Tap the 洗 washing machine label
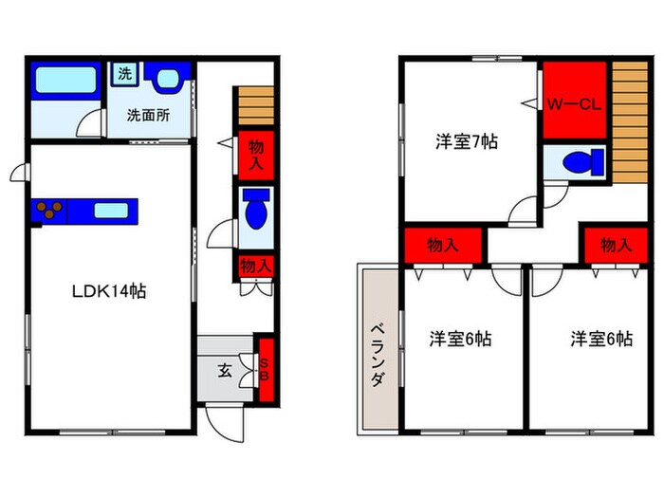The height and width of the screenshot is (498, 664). click(124, 72)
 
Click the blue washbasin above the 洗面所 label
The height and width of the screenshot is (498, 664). click(170, 77)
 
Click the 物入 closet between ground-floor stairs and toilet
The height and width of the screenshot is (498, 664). click(255, 155)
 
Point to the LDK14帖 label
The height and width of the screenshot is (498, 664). click(111, 292)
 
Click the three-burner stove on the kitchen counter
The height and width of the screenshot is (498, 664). click(48, 211)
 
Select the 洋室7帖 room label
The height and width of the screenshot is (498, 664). click(467, 142)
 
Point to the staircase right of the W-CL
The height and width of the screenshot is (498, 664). click(627, 121)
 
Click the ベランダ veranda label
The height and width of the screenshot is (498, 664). click(377, 352)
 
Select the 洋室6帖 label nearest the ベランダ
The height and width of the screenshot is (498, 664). click(459, 339)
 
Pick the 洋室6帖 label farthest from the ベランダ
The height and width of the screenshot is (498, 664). click(601, 339)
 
